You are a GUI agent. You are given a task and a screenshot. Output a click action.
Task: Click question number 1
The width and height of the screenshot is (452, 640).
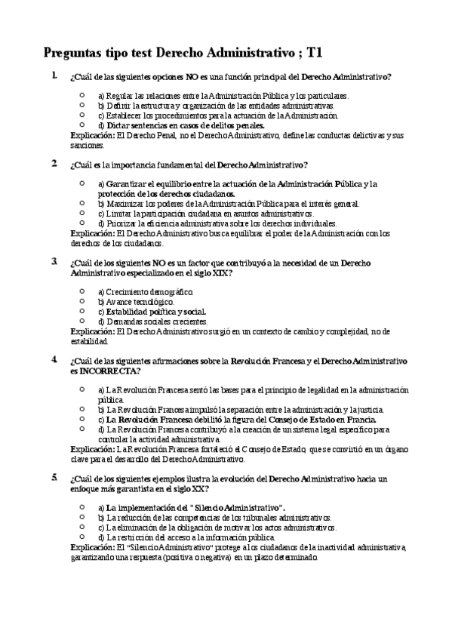pos(54,75)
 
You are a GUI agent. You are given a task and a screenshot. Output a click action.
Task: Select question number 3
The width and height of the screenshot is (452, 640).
pos(54,262)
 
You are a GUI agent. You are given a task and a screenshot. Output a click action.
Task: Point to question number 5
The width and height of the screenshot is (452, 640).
pos(54,478)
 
